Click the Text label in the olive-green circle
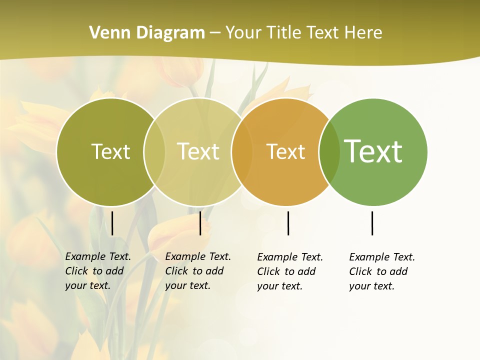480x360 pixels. (110, 151)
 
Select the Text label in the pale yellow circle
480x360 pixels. (198, 151)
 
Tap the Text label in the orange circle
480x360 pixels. (285, 151)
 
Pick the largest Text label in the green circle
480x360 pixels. (373, 151)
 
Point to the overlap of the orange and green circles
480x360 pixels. (329, 152)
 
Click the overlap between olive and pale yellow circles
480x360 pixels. (154, 152)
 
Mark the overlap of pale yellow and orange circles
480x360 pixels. (242, 152)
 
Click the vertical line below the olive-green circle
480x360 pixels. (112, 223)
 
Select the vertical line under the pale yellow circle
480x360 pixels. (200, 223)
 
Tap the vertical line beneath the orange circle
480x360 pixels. (288, 223)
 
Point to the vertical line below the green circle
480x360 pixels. (372, 223)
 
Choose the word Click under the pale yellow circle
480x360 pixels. (176, 271)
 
